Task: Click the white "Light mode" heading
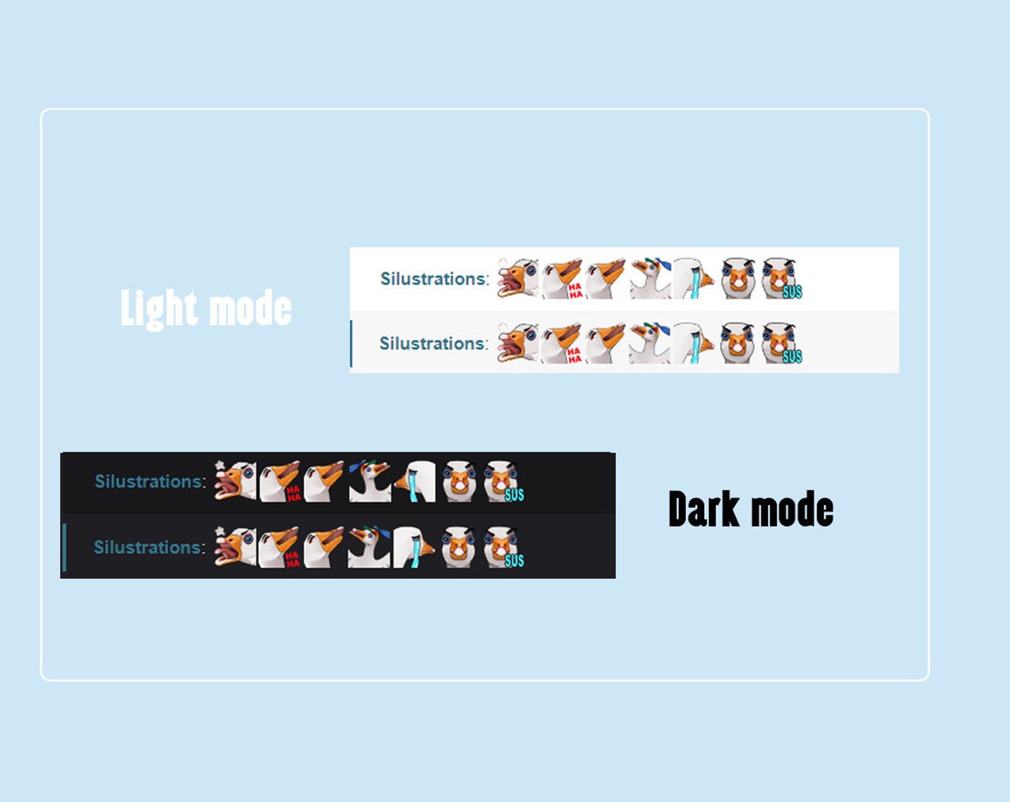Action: pos(206,309)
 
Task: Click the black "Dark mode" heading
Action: pos(751,509)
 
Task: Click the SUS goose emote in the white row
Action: pos(781,279)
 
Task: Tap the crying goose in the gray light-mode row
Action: pos(693,343)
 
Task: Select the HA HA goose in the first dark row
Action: pos(280,481)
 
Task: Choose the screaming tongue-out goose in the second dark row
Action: pos(235,547)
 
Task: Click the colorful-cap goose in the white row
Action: pos(650,279)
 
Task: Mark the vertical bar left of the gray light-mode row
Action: pos(351,344)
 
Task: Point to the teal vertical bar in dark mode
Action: pos(64,547)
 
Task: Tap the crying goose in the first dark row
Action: pos(415,481)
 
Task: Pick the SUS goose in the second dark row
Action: pos(503,547)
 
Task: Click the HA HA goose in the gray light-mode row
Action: pos(562,343)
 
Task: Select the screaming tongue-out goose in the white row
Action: pos(518,279)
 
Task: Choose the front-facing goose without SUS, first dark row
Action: pos(459,481)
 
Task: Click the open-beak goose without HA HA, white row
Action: pos(605,279)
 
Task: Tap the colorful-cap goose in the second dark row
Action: pos(369,547)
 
